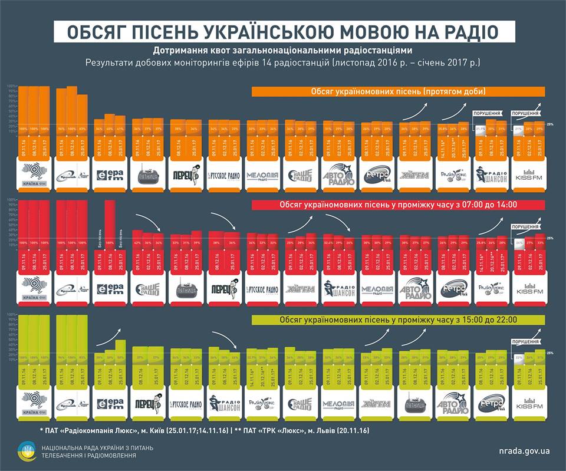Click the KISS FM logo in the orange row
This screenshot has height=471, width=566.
click(x=528, y=176)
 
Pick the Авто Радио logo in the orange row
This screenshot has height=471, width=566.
click(x=340, y=176)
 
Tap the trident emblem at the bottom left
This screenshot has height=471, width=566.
click(x=28, y=451)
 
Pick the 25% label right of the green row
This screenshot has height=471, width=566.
click(x=550, y=353)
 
